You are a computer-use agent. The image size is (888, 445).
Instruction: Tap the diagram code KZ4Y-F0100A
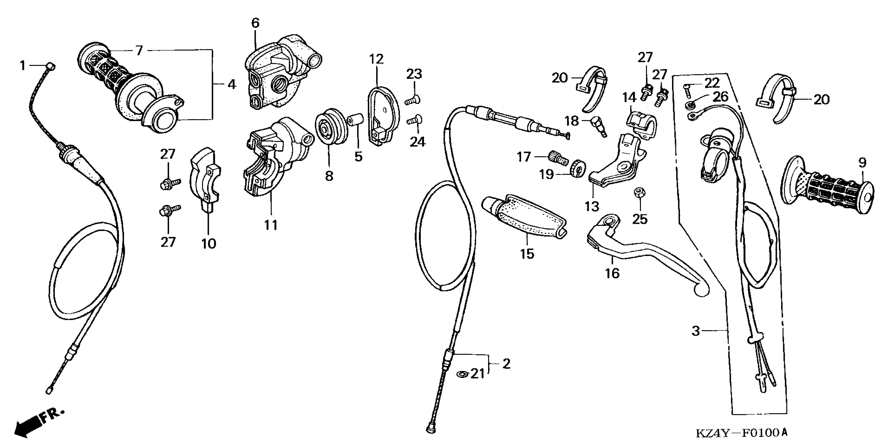point(742,433)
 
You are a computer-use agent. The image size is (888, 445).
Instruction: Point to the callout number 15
point(527,254)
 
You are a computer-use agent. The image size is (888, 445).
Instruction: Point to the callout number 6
point(255,23)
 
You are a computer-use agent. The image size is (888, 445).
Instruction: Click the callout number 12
point(377,59)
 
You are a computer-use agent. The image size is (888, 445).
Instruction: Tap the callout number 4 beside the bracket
point(232,84)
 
